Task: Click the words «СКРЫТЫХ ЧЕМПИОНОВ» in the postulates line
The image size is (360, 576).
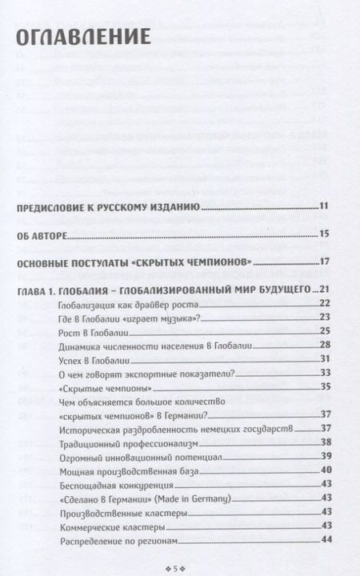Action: click(197, 262)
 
